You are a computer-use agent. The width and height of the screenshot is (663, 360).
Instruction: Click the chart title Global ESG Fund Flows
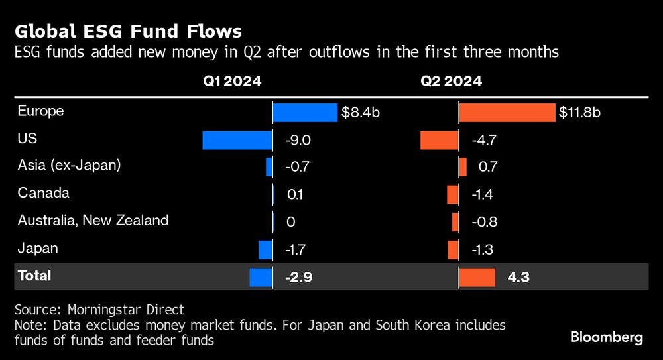tap(128, 31)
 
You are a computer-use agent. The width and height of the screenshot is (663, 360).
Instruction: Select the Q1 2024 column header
tap(232, 82)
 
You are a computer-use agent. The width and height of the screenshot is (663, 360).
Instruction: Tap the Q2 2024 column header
tap(451, 82)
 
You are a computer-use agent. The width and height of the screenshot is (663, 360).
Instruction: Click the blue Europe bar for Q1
tap(305, 112)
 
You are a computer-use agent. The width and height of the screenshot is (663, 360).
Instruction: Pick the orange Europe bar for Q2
tap(507, 112)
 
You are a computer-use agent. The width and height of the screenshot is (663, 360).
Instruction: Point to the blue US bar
tap(237, 140)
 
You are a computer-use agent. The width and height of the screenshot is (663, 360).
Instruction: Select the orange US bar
tap(439, 140)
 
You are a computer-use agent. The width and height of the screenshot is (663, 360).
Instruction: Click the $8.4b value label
tap(361, 112)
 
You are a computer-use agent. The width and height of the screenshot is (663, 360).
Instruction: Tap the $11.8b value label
tap(580, 112)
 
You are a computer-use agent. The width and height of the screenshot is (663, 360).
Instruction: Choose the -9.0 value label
tap(297, 140)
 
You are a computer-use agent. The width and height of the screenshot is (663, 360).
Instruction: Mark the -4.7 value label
tap(483, 140)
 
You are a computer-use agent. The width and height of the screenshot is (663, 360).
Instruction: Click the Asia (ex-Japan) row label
tap(69, 166)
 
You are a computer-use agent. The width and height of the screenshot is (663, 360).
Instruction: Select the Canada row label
tap(44, 194)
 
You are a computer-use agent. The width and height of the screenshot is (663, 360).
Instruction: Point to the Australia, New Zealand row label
tap(93, 221)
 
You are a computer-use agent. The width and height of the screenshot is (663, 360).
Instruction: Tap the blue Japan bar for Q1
tap(265, 249)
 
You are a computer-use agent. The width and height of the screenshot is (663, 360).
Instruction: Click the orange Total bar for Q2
tap(477, 277)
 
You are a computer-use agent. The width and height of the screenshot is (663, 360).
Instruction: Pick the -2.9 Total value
tap(298, 277)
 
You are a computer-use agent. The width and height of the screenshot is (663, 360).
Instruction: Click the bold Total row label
tap(34, 276)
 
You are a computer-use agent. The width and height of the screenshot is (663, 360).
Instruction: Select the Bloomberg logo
tap(607, 337)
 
